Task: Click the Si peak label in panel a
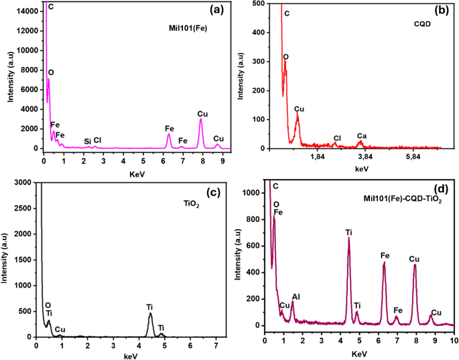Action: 87,141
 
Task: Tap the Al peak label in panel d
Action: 296,296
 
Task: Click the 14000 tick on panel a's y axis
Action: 27,11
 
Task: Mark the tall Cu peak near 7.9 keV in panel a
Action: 200,119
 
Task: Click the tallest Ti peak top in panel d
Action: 348,238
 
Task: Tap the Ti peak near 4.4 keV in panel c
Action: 150,314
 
